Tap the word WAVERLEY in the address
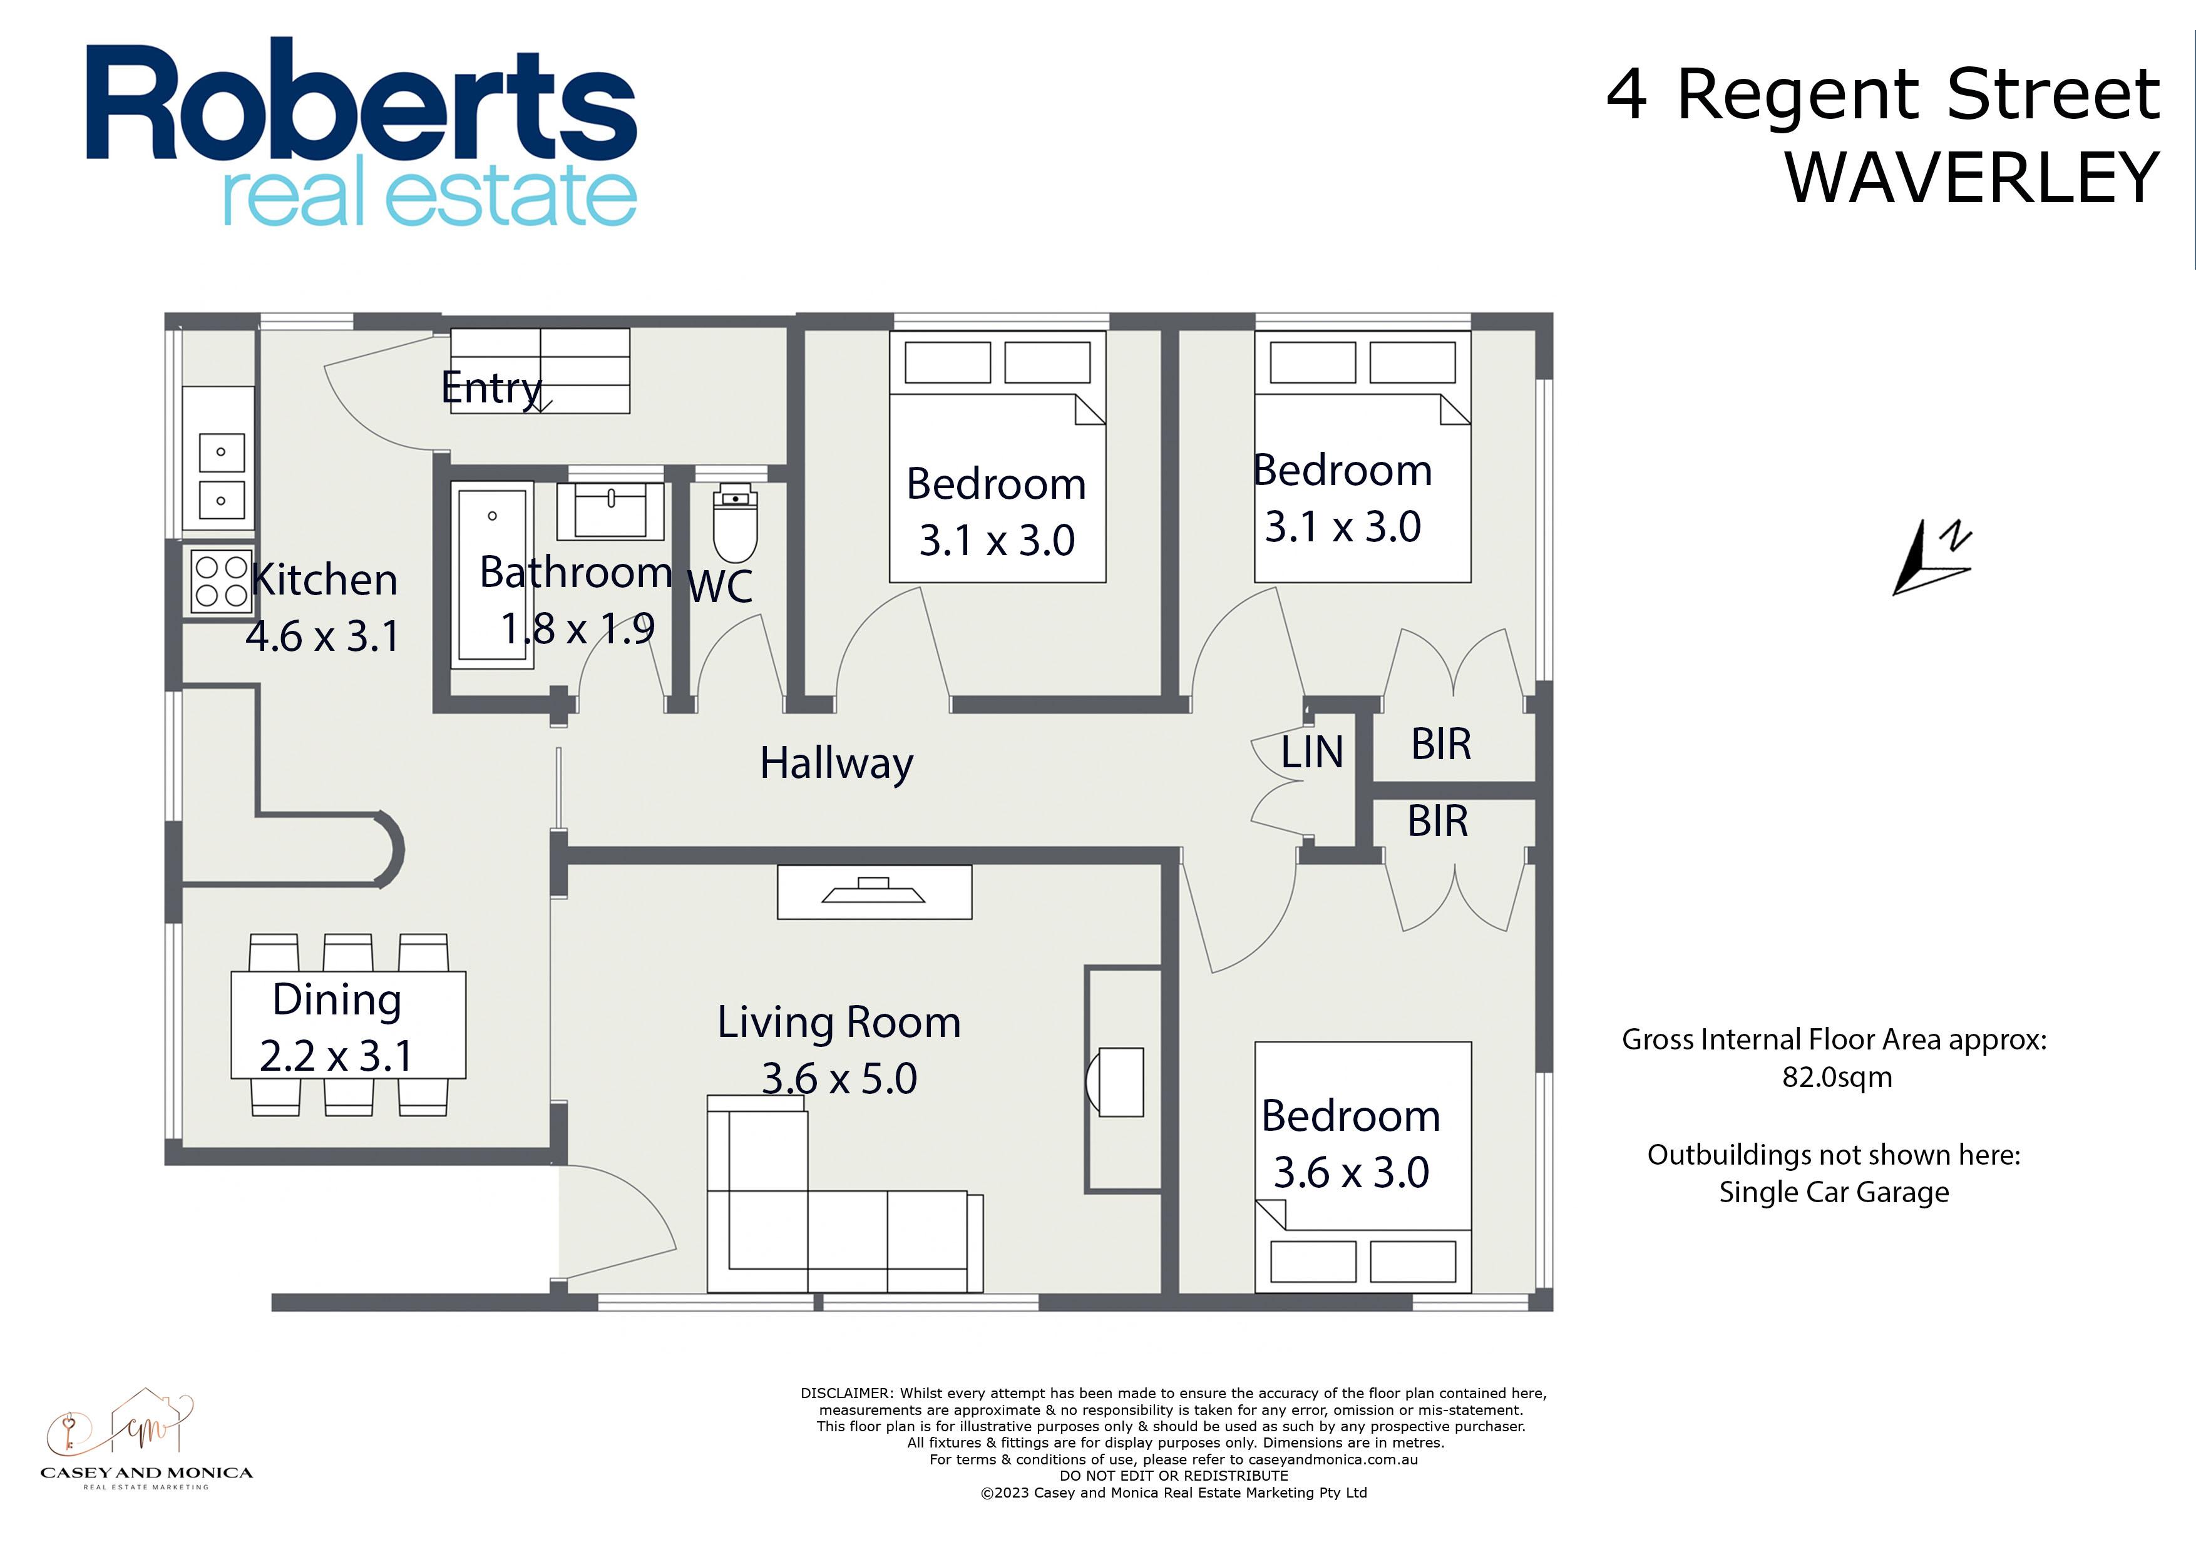[1972, 178]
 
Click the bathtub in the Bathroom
[493, 574]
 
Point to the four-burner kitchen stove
[221, 581]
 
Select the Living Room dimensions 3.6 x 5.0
[839, 1079]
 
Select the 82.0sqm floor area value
[1837, 1078]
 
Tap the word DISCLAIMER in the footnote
[846, 1393]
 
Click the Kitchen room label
[324, 579]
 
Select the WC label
[720, 586]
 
